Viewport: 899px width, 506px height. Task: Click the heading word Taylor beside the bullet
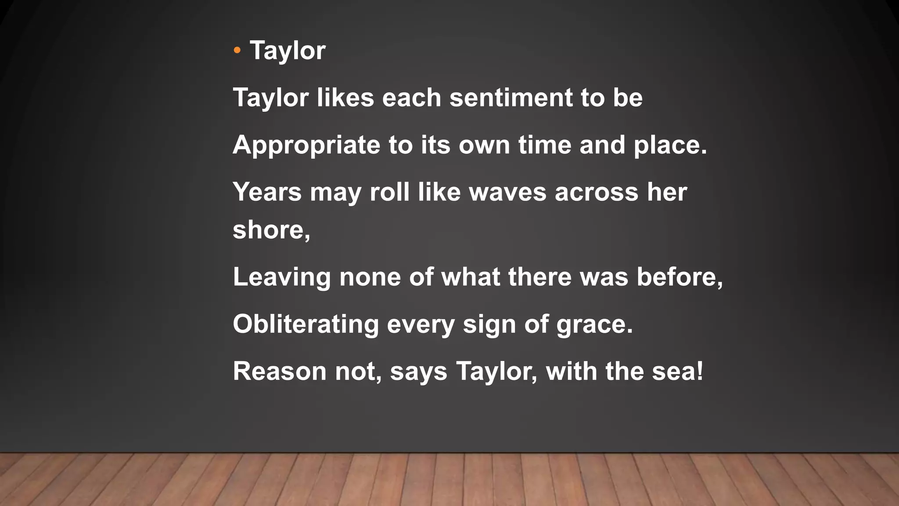[x=288, y=51]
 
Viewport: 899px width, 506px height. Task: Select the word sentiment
[x=511, y=98]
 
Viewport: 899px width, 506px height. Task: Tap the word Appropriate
[x=306, y=145]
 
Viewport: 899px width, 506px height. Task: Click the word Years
[x=267, y=192]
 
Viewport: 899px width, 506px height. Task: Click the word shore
[x=268, y=230]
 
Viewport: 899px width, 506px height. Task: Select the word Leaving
[x=281, y=277]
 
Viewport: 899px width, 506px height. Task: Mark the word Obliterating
[x=306, y=324]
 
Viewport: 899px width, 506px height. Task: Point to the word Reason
[x=280, y=371]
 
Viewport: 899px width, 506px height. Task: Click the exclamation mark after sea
[x=700, y=371]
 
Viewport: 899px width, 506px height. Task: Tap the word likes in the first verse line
[x=345, y=98]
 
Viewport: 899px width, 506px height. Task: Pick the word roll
[x=389, y=192]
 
